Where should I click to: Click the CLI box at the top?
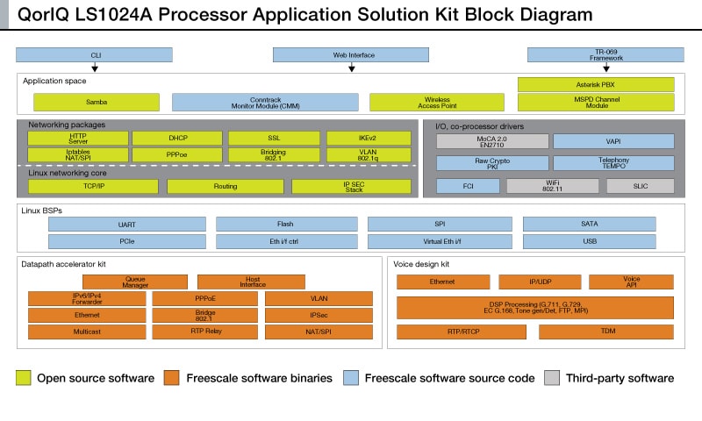pyautogui.click(x=96, y=54)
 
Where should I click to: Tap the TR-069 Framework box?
pyautogui.click(x=600, y=54)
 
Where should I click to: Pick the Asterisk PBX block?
pyautogui.click(x=596, y=85)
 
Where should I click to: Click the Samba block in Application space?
pyautogui.click(x=97, y=103)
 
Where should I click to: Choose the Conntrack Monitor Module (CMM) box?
pyautogui.click(x=265, y=103)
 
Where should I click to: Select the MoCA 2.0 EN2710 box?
pyautogui.click(x=492, y=141)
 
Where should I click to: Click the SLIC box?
pyautogui.click(x=640, y=186)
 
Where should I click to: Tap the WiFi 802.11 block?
pyautogui.click(x=552, y=186)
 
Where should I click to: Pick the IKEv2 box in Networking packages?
pyautogui.click(x=369, y=139)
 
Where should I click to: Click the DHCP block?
pyautogui.click(x=178, y=139)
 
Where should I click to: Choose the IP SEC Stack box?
pyautogui.click(x=353, y=187)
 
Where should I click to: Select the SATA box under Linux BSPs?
pyautogui.click(x=589, y=224)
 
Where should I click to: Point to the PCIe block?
pyautogui.click(x=126, y=241)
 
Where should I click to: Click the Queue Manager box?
pyautogui.click(x=135, y=282)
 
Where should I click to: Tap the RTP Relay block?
pyautogui.click(x=204, y=332)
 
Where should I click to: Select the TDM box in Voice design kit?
pyautogui.click(x=606, y=332)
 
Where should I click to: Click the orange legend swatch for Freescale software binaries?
pyautogui.click(x=170, y=378)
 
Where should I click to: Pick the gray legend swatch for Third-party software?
pyautogui.click(x=552, y=378)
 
